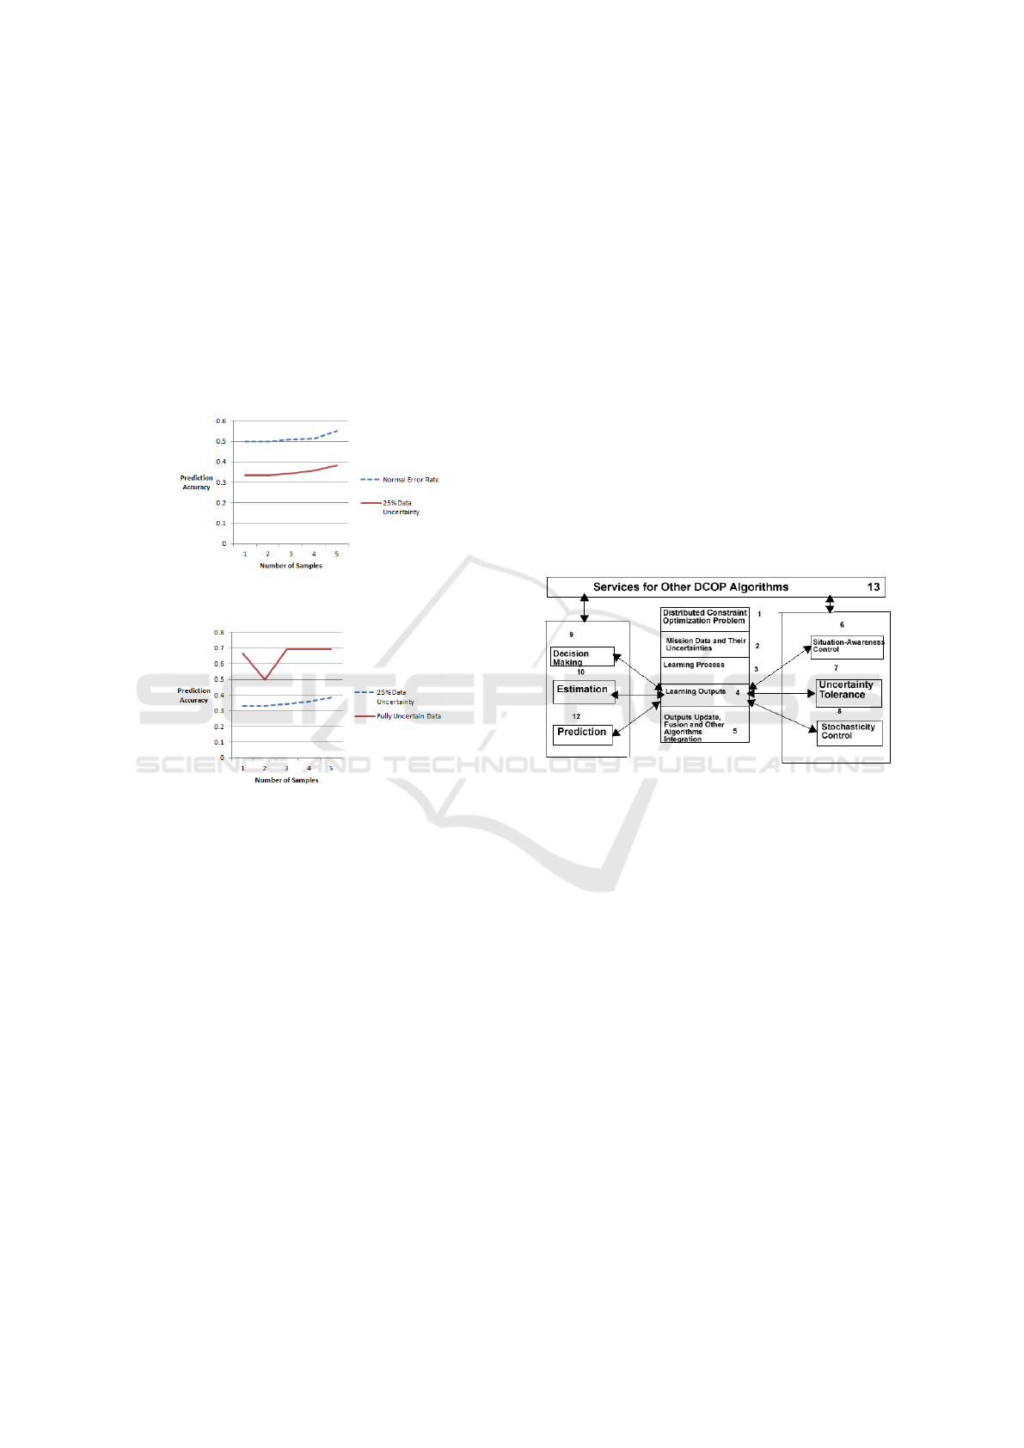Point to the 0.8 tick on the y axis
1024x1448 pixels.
(219, 633)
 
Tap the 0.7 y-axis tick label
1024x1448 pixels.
(219, 648)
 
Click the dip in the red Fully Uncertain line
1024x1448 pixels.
(265, 679)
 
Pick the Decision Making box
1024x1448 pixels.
(582, 657)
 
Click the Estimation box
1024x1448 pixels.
(584, 690)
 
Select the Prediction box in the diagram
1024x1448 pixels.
(582, 733)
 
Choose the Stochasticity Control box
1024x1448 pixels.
(849, 732)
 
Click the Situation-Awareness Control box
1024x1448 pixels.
(847, 647)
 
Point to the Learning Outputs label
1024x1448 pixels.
(696, 692)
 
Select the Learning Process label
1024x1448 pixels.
(694, 665)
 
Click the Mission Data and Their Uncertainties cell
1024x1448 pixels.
(705, 645)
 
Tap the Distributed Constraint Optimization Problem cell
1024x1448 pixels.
(704, 617)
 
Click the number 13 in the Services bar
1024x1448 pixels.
(874, 587)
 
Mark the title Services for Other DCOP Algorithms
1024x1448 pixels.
(690, 587)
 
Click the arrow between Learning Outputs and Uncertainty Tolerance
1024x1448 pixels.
(782, 693)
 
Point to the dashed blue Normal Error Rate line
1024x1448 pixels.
(292, 439)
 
